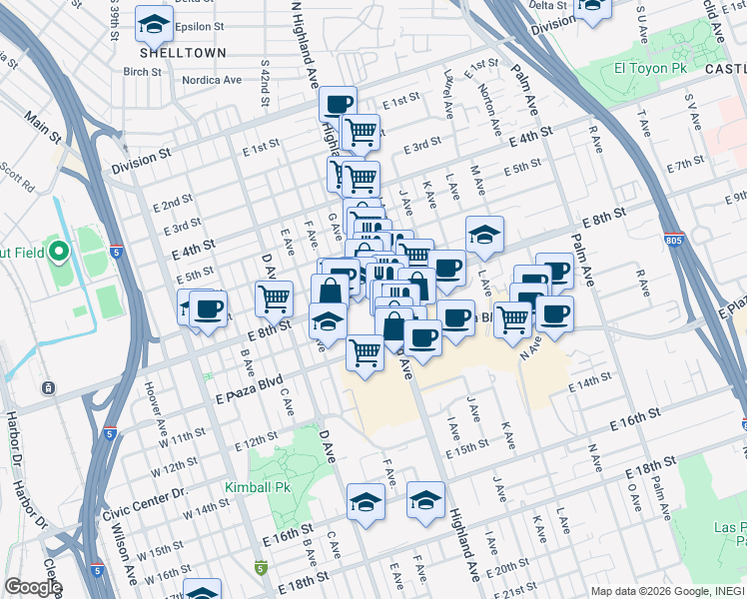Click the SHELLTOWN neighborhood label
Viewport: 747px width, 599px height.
183,52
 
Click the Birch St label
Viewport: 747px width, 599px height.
143,72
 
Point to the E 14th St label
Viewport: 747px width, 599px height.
588,382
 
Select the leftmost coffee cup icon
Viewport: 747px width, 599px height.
208,307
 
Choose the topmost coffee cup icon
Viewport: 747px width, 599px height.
338,103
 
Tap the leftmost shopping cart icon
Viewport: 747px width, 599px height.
273,297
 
